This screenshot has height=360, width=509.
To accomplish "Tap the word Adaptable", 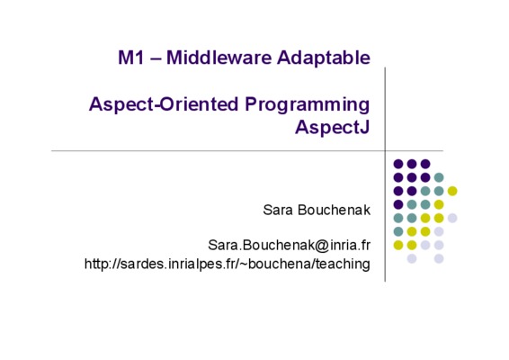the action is [x=324, y=58].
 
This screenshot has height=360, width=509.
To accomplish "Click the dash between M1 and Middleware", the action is [x=156, y=59].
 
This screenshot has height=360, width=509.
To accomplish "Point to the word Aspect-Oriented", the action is [x=164, y=104].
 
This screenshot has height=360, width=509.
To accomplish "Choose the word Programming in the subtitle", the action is [x=307, y=105].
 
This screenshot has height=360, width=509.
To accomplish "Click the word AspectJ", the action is [x=333, y=127].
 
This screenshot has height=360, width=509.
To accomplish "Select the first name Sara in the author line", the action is [x=278, y=210].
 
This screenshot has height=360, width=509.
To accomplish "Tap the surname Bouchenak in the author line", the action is [x=334, y=210].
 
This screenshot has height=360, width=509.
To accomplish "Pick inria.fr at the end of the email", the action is [x=350, y=245].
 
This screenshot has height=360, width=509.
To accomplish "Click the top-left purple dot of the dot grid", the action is [x=398, y=164].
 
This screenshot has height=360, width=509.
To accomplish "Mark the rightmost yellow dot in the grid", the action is [x=452, y=191].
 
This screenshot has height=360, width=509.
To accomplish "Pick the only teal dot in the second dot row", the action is [x=439, y=177].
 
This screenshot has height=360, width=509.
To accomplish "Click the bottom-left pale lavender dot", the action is [x=412, y=258].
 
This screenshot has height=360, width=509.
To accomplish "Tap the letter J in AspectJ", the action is [x=365, y=127].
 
